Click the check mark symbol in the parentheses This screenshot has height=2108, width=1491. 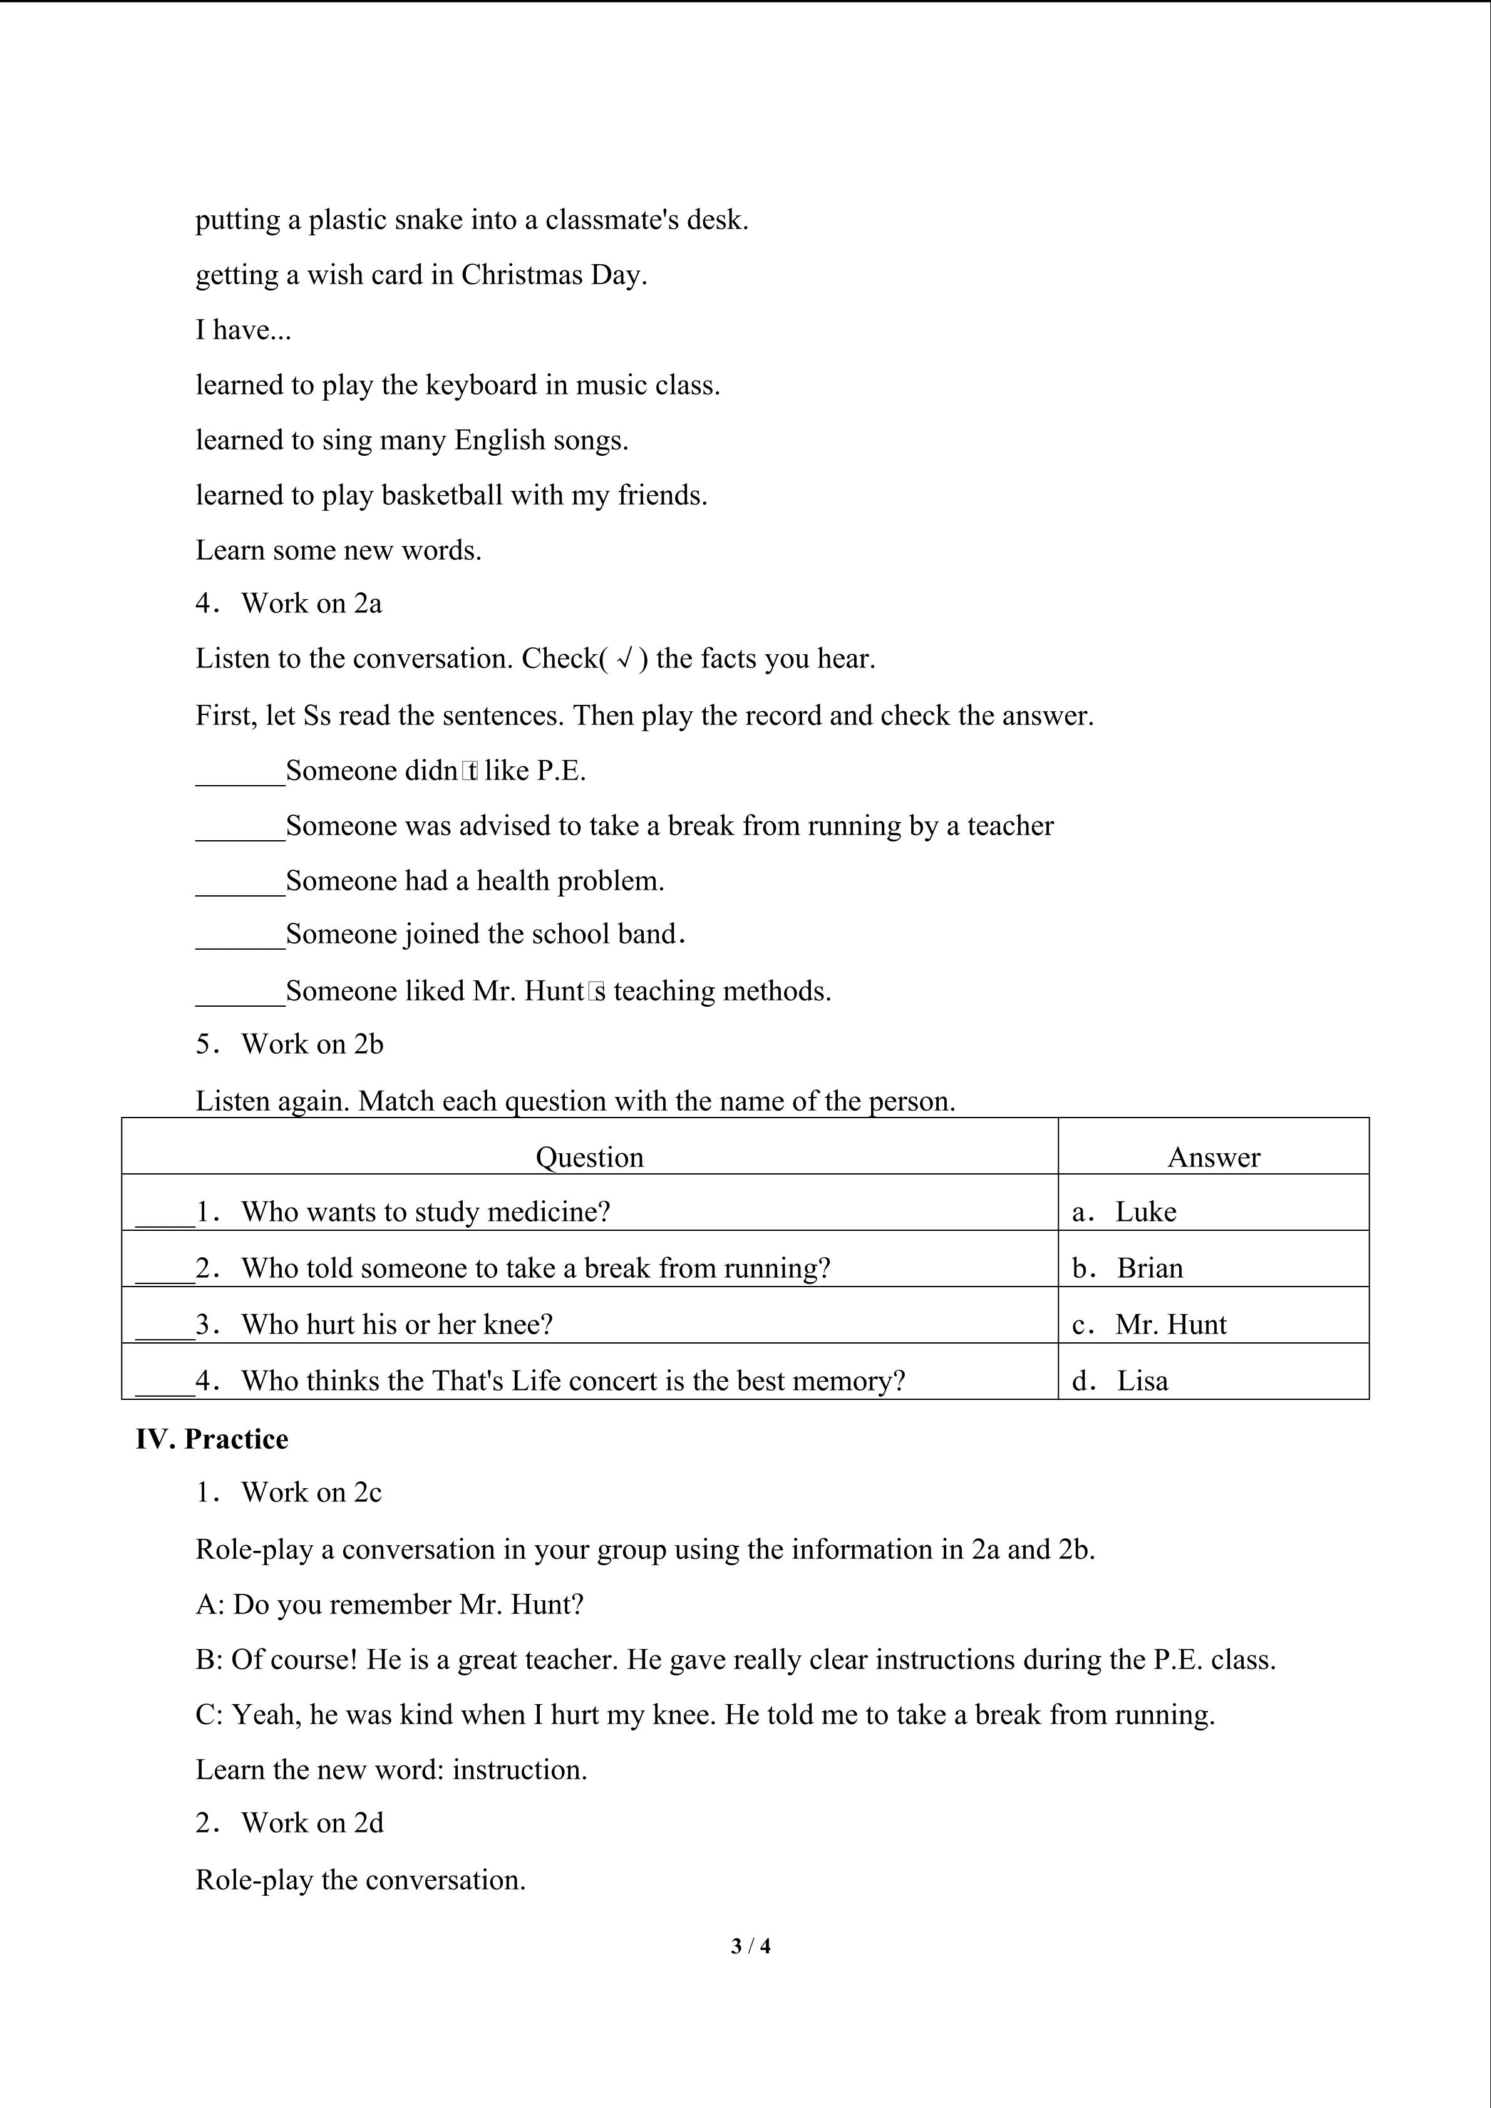point(624,659)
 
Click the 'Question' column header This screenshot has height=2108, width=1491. point(589,1157)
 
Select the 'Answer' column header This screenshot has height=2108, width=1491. point(1213,1157)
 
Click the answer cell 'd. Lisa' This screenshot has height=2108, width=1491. point(1120,1381)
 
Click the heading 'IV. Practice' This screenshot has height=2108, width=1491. point(212,1439)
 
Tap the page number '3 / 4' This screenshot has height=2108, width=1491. point(750,1945)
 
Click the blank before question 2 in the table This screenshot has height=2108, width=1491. point(165,1271)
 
